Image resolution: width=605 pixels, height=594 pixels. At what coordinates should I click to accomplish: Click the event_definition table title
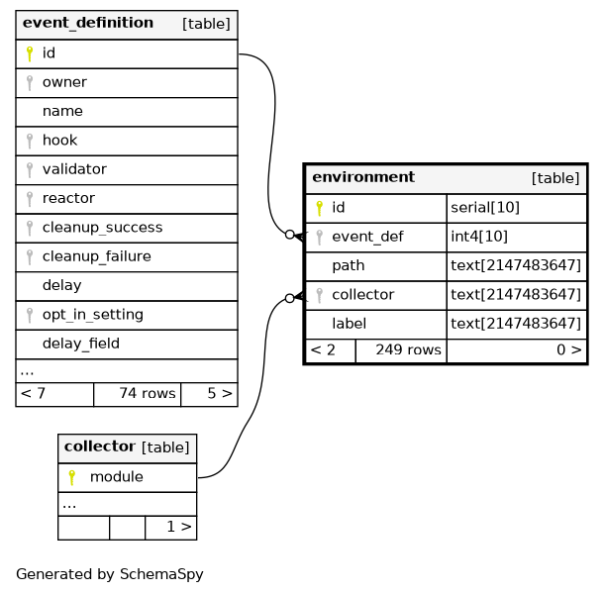(x=88, y=23)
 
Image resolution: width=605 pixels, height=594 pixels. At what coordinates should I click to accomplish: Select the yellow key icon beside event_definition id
(x=30, y=53)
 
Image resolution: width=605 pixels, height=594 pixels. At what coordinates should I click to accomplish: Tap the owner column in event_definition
(x=64, y=82)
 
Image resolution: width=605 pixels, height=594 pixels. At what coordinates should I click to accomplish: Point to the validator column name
(x=74, y=169)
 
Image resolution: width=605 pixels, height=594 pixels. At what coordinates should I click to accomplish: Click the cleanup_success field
(x=103, y=228)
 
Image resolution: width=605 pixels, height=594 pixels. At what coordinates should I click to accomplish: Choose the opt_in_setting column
(x=93, y=315)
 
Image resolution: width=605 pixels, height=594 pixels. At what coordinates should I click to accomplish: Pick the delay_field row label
(x=81, y=344)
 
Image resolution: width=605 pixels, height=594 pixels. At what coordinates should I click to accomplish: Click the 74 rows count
(x=148, y=393)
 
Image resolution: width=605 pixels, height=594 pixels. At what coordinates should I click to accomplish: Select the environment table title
(x=363, y=177)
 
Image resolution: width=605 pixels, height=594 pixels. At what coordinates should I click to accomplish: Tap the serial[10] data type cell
(x=485, y=208)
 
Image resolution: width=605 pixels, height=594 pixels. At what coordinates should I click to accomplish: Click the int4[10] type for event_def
(x=479, y=237)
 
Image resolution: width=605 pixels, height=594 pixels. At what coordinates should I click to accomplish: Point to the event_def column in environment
(x=367, y=237)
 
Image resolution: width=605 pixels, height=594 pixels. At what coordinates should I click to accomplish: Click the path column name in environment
(x=349, y=265)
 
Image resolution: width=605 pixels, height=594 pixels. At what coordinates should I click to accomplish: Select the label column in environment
(x=350, y=324)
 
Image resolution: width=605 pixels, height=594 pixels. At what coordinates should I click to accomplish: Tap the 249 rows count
(x=408, y=349)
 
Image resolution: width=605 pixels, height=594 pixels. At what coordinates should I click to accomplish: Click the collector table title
(x=100, y=446)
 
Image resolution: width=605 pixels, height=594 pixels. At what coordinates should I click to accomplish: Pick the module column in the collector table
(x=117, y=477)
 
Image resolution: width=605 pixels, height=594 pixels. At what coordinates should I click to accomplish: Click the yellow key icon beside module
(x=71, y=477)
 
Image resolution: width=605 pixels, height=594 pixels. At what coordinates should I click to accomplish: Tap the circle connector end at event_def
(x=290, y=235)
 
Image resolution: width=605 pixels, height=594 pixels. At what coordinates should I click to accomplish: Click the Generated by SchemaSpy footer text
(x=110, y=574)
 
